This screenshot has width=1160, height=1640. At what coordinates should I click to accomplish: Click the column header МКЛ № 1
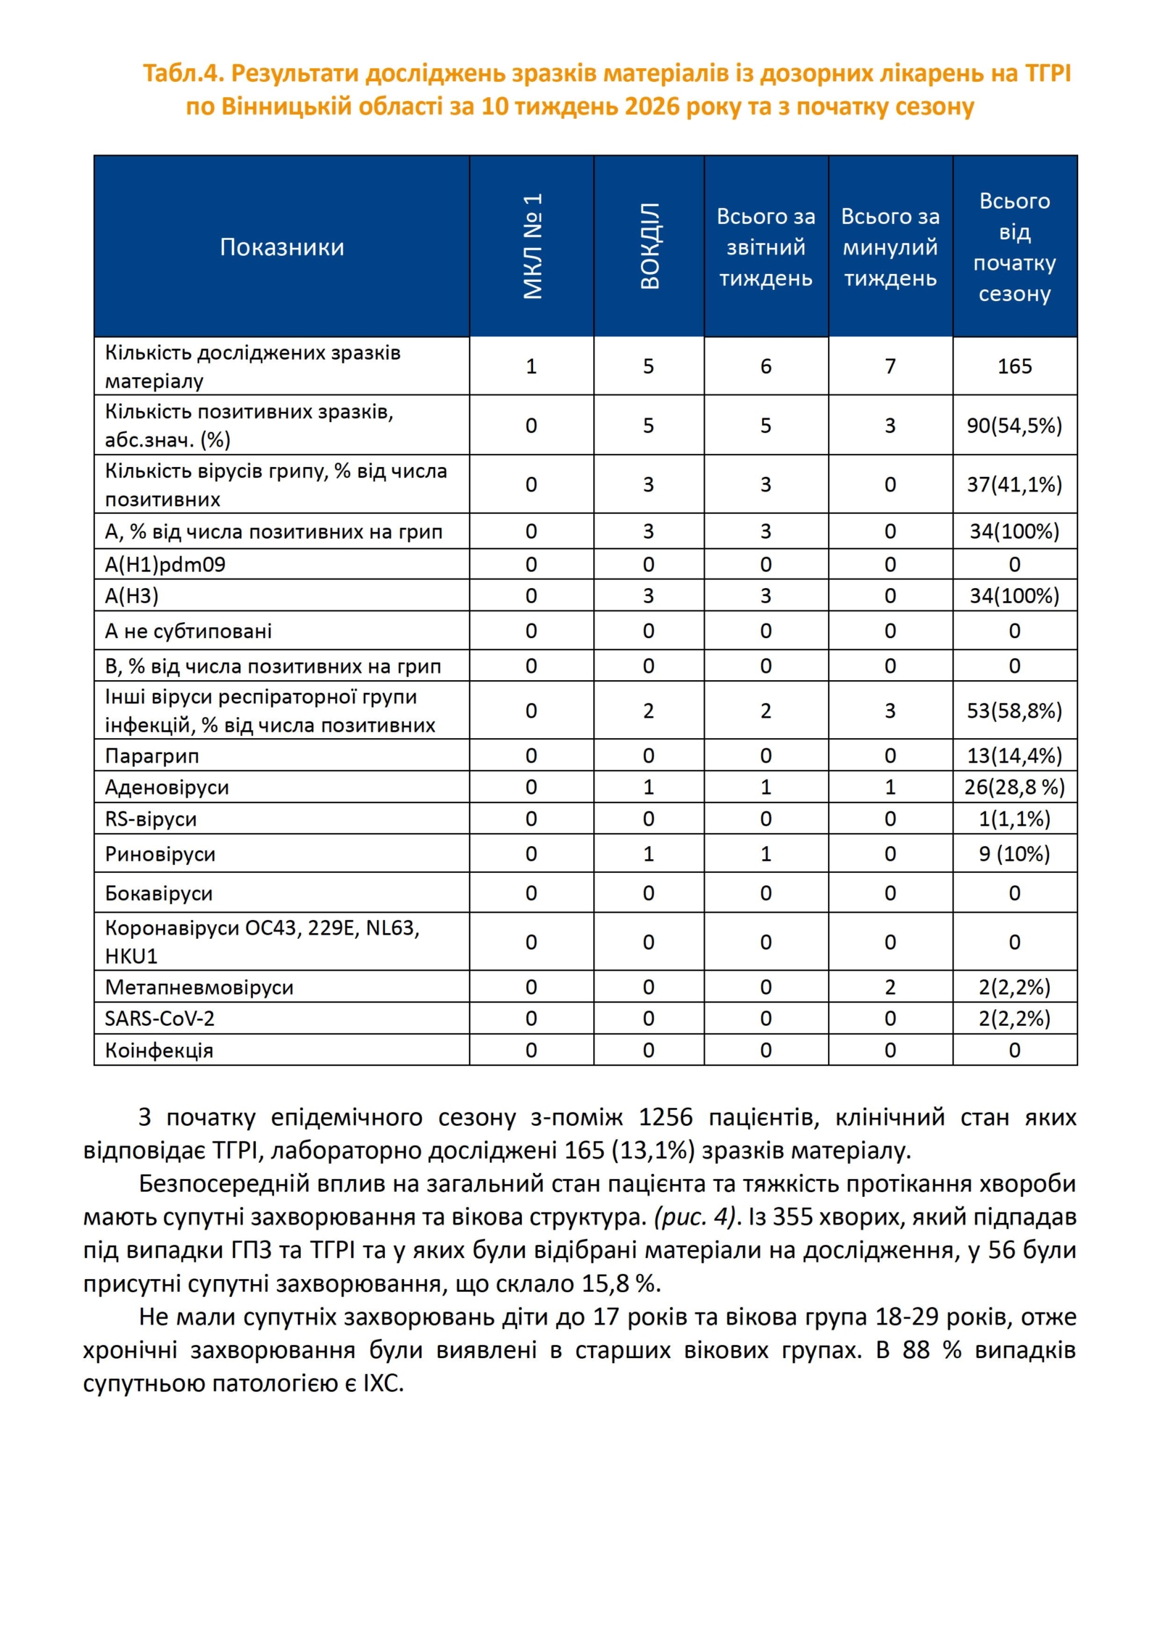pos(531,247)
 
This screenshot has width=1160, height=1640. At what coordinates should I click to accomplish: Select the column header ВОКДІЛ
pos(649,247)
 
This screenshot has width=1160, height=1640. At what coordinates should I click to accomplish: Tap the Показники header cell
pos(281,247)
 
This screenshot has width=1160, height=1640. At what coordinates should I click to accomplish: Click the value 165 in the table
pos(1014,366)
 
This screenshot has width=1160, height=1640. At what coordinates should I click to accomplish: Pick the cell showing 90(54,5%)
pos(1014,426)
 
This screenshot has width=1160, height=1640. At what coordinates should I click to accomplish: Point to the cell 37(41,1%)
pos(1014,484)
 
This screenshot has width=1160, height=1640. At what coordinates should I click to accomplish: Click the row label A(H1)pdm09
pos(165,564)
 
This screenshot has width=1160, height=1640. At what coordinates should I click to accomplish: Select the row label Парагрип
pos(152,755)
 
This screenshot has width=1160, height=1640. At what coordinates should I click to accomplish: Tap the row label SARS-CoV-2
pos(159,1019)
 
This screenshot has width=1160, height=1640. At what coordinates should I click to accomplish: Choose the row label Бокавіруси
pos(159,893)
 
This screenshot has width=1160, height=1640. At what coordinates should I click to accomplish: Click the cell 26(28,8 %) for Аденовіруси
pos(1014,787)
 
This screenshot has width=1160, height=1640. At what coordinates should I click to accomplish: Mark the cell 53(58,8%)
pos(1014,711)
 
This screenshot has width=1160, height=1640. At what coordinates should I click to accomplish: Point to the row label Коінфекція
pos(159,1051)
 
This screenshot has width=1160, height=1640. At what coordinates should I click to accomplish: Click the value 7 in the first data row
pos(890,366)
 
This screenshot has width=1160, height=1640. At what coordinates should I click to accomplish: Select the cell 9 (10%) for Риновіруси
pos(1014,854)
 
